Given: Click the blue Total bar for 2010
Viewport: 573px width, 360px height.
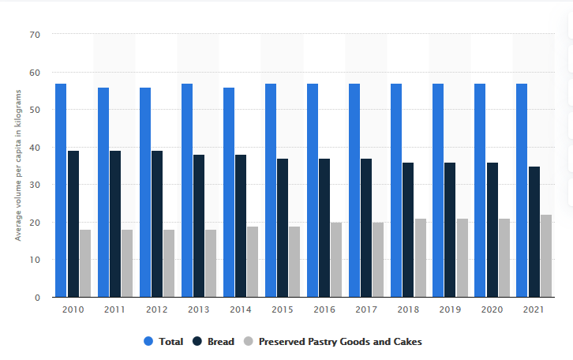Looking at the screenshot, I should coord(61,190).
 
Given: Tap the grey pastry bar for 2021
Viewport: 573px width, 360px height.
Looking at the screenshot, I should coord(546,256).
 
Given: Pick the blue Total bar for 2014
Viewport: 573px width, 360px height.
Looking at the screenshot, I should coord(229,193).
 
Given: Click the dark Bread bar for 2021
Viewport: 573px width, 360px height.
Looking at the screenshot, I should coord(534,232).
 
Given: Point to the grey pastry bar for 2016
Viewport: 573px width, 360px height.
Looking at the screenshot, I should coord(336,260).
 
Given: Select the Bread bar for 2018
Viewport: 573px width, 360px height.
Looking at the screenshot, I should coord(408,230).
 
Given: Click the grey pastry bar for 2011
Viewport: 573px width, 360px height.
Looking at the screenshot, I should coord(127,264).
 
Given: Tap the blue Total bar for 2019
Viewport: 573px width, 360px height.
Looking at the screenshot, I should coord(438,190).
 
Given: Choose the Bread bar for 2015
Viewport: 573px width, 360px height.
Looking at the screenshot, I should coord(283,228).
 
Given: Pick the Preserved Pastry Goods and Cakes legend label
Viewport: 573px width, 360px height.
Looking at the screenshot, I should coord(339,342).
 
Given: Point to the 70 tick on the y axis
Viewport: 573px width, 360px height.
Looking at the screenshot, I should coord(35,35).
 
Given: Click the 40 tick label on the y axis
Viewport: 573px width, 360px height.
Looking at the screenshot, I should coord(35,148).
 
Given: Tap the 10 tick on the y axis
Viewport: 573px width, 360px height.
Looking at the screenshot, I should coord(35,260).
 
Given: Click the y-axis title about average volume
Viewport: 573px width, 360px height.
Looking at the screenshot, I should coord(17,167).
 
